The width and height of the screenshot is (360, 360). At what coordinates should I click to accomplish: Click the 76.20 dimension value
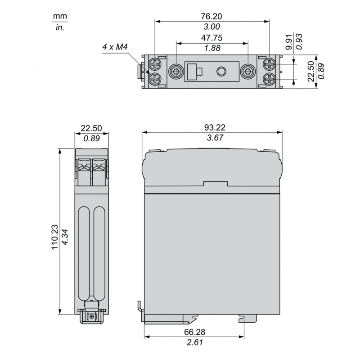click(211, 16)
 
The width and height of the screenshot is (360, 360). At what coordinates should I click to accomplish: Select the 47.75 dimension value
click(211, 38)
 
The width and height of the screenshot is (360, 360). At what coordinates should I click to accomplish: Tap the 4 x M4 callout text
click(115, 47)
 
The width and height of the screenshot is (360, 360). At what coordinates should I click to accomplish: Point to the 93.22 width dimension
click(211, 128)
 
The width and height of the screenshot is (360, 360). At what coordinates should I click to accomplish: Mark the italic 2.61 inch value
click(194, 342)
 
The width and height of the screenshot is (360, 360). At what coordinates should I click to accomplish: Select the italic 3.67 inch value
click(211, 138)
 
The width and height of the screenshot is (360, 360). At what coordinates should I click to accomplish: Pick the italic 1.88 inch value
click(211, 49)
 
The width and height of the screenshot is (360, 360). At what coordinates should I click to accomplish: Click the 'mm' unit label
click(60, 17)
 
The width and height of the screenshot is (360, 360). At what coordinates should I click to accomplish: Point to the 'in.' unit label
click(60, 27)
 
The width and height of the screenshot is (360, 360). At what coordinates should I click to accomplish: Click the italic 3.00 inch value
click(211, 27)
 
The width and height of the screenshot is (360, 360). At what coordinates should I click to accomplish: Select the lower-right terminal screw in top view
click(269, 80)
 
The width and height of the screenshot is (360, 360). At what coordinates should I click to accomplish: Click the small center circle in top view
click(221, 72)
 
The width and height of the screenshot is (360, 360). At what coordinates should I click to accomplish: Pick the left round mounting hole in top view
click(176, 72)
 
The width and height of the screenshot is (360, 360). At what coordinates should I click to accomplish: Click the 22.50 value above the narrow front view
click(91, 128)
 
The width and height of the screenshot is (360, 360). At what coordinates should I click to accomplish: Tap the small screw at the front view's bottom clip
click(92, 317)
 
